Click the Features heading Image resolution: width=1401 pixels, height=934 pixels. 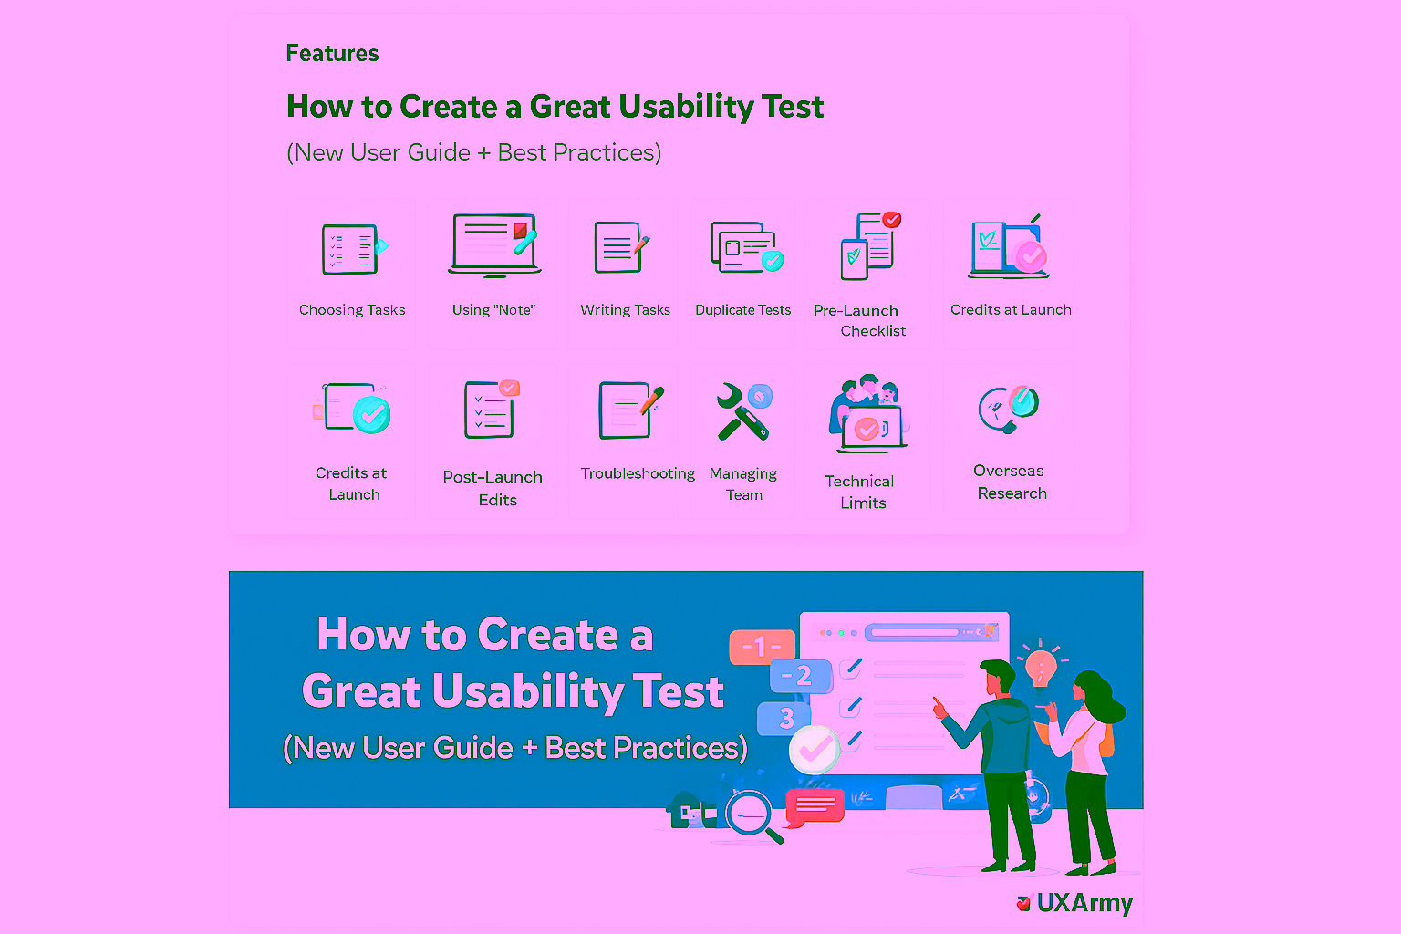pyautogui.click(x=332, y=54)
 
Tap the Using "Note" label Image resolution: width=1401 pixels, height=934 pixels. pyautogui.click(x=493, y=310)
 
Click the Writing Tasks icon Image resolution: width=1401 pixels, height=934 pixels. pyautogui.click(x=621, y=247)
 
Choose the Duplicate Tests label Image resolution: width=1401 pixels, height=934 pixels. pyautogui.click(x=742, y=310)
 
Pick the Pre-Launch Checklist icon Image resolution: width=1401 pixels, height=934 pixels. pyautogui.click(x=870, y=246)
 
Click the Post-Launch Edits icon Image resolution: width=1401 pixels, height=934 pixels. pyautogui.click(x=492, y=410)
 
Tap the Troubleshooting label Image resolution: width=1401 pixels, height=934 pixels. pyautogui.click(x=638, y=473)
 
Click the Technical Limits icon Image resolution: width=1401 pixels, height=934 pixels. pyautogui.click(x=867, y=414)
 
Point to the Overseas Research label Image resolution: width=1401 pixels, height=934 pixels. pyautogui.click(x=1011, y=482)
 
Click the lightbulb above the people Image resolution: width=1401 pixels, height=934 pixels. pyautogui.click(x=1040, y=667)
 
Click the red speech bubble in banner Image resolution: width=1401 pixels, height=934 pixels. pyautogui.click(x=814, y=806)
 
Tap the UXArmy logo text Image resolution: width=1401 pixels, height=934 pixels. pyautogui.click(x=1084, y=902)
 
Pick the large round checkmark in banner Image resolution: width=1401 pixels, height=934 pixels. pyautogui.click(x=814, y=749)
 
